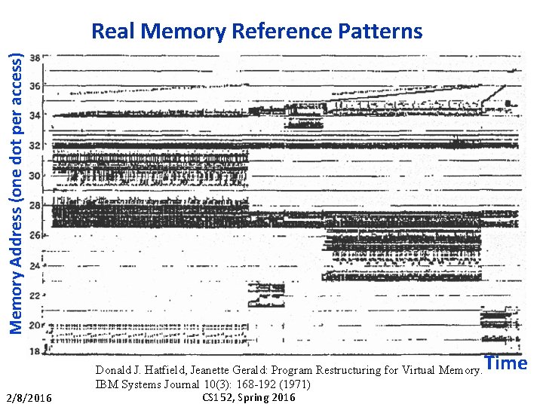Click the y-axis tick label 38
[x=35, y=57]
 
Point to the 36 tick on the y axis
[x=35, y=86]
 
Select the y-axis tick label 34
[x=35, y=115]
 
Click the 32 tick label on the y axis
[x=35, y=145]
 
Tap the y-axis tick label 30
[x=35, y=176]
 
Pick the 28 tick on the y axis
[x=35, y=205]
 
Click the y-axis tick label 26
[x=35, y=235]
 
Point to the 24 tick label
[x=35, y=265]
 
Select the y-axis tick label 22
[x=35, y=295]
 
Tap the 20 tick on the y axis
[x=35, y=325]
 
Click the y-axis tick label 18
[x=35, y=352]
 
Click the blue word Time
[x=506, y=363]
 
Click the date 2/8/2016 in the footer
[x=29, y=398]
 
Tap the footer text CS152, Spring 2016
[x=250, y=397]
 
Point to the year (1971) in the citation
[x=293, y=384]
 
